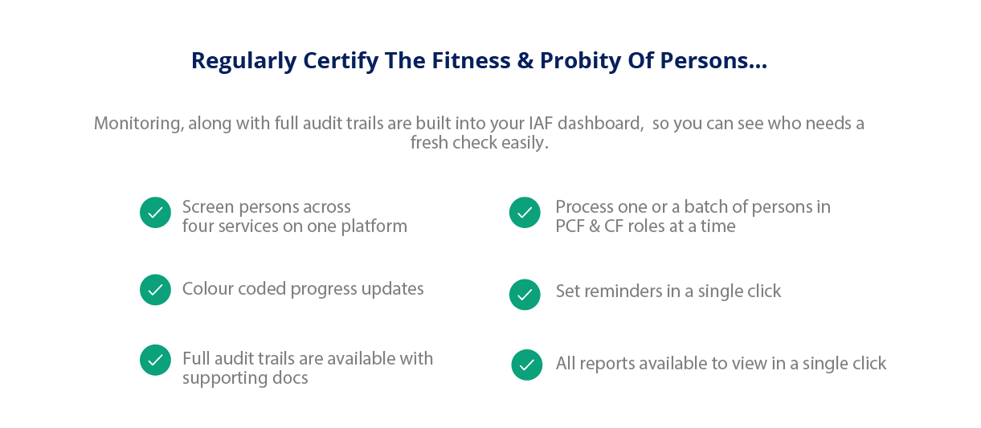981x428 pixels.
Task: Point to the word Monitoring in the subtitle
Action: tap(137, 124)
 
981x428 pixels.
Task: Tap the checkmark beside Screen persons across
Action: tap(155, 213)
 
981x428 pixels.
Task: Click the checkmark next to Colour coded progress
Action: tap(155, 290)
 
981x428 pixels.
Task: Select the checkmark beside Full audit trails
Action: tap(155, 361)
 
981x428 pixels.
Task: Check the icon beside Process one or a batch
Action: tap(525, 213)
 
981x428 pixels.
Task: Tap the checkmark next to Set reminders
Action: tap(525, 295)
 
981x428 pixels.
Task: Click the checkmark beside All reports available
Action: tap(527, 365)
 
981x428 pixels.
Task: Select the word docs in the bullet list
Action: tap(291, 377)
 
